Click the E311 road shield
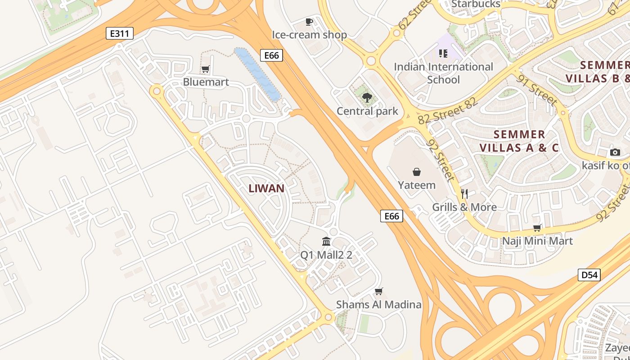[x=120, y=33]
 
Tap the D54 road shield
[x=589, y=274]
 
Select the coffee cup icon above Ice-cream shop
[x=309, y=22]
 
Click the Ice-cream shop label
[x=309, y=35]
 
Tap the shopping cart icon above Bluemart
[x=206, y=69]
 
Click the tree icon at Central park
[x=367, y=97]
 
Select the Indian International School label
[x=443, y=73]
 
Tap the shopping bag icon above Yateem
[x=417, y=171]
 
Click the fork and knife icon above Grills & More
[x=464, y=194]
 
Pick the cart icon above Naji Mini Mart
[x=537, y=228]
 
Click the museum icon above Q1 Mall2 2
[x=326, y=242]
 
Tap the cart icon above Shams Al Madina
[x=379, y=291]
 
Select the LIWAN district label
[x=266, y=189]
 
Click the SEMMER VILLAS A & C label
[x=519, y=141]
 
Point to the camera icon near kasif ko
[x=615, y=152]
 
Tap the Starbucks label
[x=476, y=4]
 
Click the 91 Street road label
[x=538, y=90]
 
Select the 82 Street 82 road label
[x=447, y=111]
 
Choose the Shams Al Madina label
[x=379, y=305]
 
